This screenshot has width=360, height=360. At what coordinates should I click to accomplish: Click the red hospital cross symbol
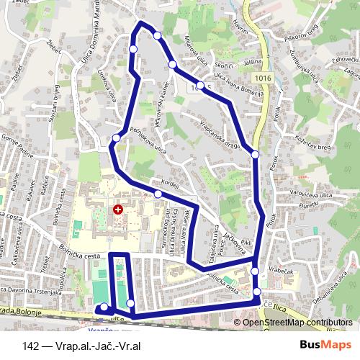pos(117,210)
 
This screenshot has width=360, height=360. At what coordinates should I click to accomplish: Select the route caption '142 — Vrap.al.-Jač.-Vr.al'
pos(80,344)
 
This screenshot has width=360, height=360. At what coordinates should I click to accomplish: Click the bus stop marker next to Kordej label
pos(158,194)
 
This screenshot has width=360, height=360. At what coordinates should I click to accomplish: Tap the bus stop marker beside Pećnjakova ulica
pos(117,138)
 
